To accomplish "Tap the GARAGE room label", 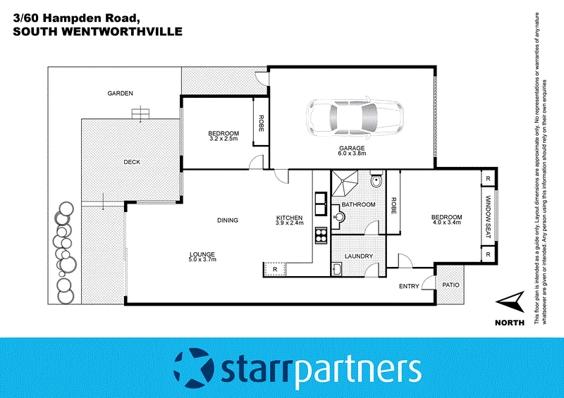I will click(x=351, y=149).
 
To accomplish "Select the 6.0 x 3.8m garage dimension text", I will click(x=351, y=155).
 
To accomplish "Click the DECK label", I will click(x=132, y=162).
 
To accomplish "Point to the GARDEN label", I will click(x=120, y=93).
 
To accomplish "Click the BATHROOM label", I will click(x=358, y=204).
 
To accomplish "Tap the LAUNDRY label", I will click(x=357, y=256).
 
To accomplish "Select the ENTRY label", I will click(x=409, y=286).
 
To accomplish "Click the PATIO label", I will click(x=450, y=285).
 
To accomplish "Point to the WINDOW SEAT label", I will click(x=487, y=217).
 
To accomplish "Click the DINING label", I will click(x=228, y=220).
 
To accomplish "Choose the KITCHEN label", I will click(x=289, y=218).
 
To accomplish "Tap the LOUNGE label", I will click(x=201, y=254).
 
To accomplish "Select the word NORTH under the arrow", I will click(x=510, y=323).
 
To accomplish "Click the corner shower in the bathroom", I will click(x=345, y=185).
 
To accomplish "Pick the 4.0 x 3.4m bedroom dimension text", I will click(x=447, y=223).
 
